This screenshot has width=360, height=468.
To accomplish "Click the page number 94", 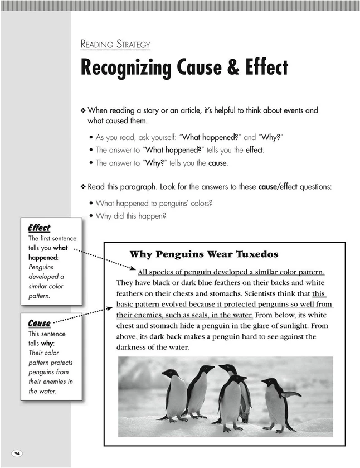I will coord(17,452).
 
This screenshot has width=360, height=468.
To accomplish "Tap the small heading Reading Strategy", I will coord(115,44).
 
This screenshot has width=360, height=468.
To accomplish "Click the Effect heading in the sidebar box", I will coord(39,228).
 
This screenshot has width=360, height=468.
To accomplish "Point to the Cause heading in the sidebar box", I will coord(39,323).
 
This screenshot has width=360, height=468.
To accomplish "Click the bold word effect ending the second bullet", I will coord(254,149).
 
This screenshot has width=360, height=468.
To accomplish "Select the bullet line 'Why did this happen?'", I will coord(131,216).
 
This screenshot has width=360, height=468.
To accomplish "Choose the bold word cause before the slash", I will coord(270,187).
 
